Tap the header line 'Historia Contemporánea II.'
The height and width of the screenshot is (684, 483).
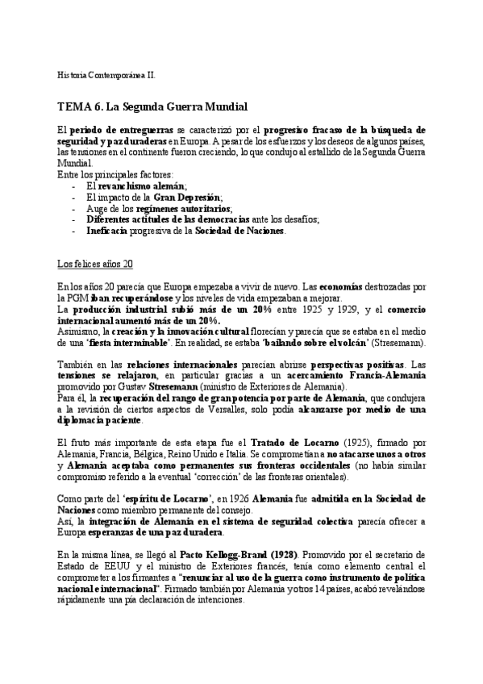click(107, 74)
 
